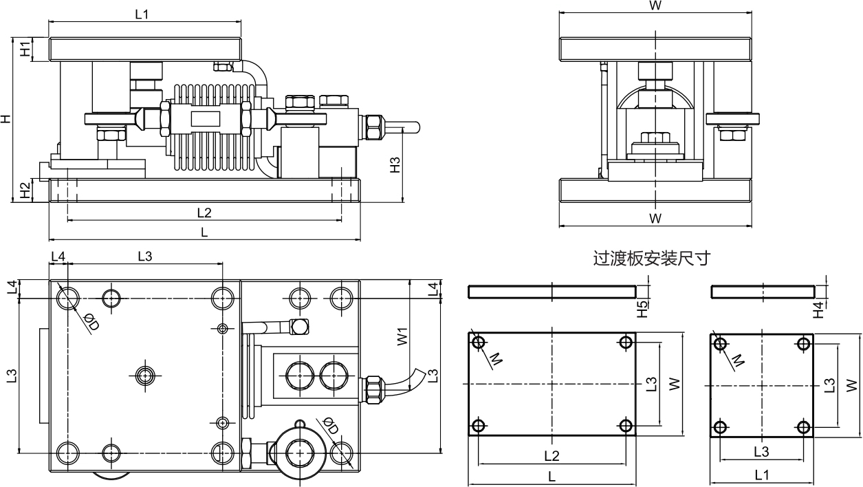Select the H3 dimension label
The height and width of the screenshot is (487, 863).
coord(395,164)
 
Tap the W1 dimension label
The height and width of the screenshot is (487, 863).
coord(403,336)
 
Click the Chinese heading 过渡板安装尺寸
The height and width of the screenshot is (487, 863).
coord(651,259)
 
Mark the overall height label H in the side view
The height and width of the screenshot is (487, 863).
coord(6,119)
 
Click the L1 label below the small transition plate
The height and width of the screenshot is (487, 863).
coord(762,475)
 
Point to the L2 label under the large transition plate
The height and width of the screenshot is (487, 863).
coord(551,455)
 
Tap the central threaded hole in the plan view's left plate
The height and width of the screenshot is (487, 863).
coord(145,375)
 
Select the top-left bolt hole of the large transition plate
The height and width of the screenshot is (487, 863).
coord(479,342)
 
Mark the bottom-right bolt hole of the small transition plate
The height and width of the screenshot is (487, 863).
coord(804,427)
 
